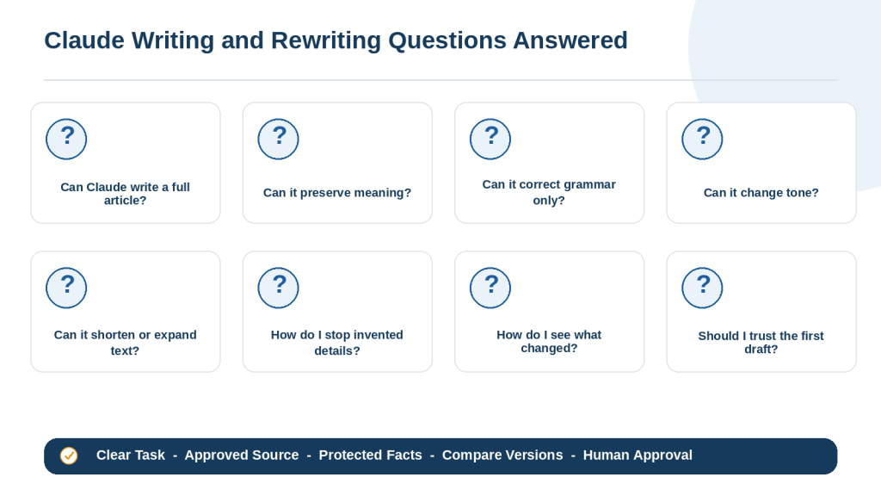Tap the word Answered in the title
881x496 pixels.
click(570, 40)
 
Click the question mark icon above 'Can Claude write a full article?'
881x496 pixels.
click(66, 139)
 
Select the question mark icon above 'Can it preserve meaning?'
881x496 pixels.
click(278, 139)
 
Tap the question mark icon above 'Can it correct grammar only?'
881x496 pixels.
click(490, 139)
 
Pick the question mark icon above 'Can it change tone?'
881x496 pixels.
click(702, 139)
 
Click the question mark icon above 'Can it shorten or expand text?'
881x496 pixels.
click(66, 288)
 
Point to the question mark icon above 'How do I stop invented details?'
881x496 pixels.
click(278, 288)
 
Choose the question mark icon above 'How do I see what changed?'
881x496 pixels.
click(490, 288)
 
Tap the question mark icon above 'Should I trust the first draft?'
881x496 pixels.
click(702, 288)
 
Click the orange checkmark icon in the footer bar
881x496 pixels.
click(69, 456)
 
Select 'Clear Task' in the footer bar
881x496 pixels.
click(131, 455)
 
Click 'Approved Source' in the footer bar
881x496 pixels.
click(242, 455)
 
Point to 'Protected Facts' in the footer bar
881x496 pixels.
click(370, 455)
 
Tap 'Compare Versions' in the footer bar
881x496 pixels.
click(502, 455)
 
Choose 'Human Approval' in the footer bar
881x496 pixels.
click(638, 455)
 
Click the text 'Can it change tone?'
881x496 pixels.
click(761, 193)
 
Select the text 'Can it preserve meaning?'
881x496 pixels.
click(337, 193)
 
